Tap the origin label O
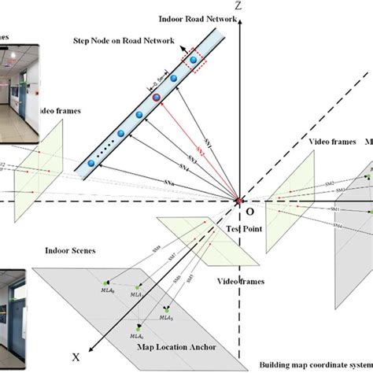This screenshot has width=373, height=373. (x=249, y=212)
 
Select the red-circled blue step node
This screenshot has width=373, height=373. (x=157, y=98)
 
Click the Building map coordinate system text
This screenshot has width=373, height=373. (x=314, y=366)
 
